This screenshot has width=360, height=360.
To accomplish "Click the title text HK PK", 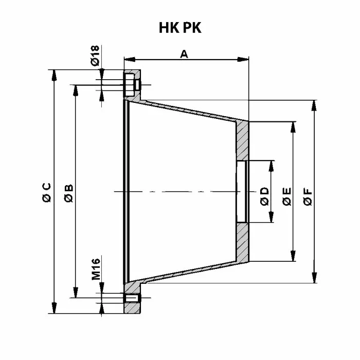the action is tap(180, 28).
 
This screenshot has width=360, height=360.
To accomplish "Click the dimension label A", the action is tap(184, 54).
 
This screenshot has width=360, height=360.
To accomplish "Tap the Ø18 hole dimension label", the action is tap(95, 56).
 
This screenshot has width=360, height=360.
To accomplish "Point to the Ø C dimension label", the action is tap(47, 192).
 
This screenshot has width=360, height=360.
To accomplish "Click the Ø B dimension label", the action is tap(68, 193).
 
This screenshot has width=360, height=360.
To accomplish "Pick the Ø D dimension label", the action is tap(264, 196).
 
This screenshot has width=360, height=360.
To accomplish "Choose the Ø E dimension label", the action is tap(287, 196).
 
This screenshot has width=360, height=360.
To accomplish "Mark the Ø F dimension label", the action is tap(308, 197).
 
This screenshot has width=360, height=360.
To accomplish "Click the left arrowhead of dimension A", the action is tap(130, 60).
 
